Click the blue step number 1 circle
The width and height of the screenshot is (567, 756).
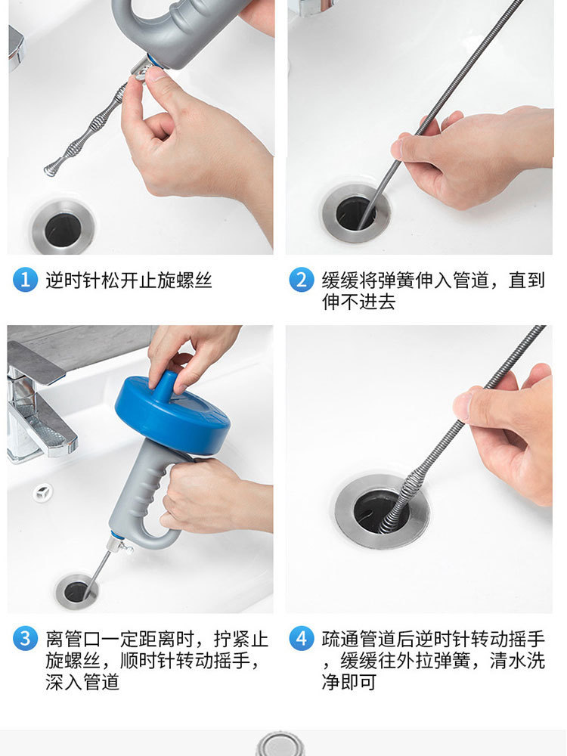[25, 280]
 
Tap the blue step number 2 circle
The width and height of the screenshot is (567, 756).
[302, 280]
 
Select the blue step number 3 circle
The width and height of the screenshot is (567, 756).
[25, 638]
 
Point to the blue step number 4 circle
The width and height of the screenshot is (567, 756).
[302, 638]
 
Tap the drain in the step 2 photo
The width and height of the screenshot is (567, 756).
[356, 212]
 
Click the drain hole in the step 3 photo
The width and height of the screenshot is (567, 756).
[76, 592]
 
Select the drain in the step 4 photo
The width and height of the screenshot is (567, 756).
[382, 512]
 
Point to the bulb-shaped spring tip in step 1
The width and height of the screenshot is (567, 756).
[53, 167]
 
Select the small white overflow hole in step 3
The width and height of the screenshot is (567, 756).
[43, 492]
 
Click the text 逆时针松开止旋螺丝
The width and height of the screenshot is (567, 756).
[129, 280]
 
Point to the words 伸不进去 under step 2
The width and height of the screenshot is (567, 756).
[358, 302]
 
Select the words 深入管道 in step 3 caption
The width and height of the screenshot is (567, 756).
[82, 682]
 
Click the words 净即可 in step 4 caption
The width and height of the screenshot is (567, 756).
[349, 682]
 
